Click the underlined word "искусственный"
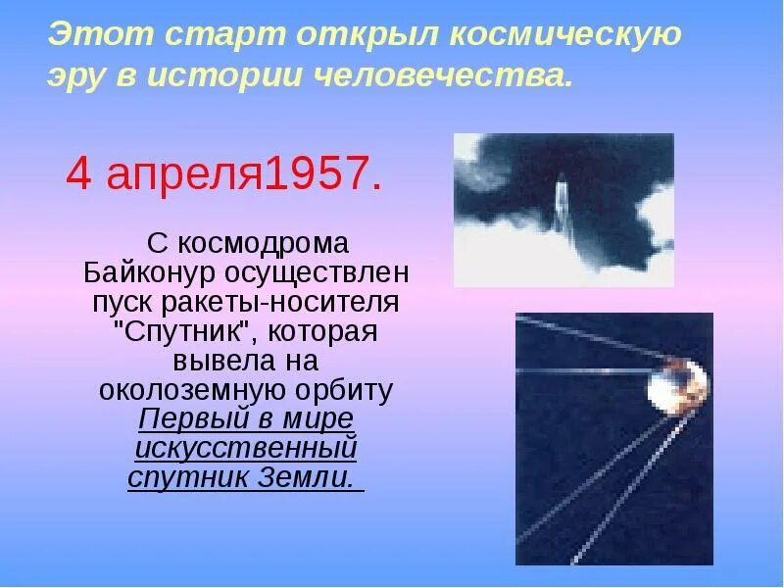point(245,449)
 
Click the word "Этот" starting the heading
point(95,36)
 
